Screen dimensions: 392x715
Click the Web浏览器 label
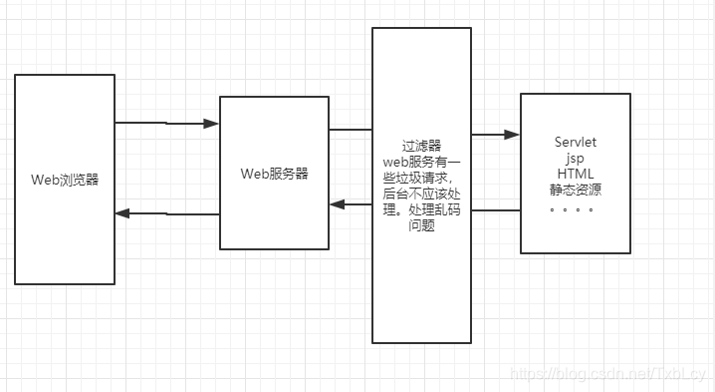(x=65, y=180)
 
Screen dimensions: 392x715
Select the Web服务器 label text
(x=274, y=173)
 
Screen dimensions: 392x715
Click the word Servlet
(x=575, y=144)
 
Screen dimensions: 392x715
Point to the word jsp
(x=575, y=159)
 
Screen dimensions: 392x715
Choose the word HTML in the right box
(x=575, y=174)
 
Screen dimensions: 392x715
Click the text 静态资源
(x=575, y=190)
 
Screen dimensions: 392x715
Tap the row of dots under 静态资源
(x=572, y=209)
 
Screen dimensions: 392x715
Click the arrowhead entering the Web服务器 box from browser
(x=210, y=125)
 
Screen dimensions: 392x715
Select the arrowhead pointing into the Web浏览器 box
(x=123, y=213)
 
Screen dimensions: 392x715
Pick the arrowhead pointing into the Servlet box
(x=512, y=134)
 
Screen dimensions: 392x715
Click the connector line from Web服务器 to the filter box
(x=351, y=130)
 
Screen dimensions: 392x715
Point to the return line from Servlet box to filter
(x=496, y=210)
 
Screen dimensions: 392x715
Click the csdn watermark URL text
(x=607, y=373)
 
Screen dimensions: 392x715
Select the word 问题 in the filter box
(x=421, y=225)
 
